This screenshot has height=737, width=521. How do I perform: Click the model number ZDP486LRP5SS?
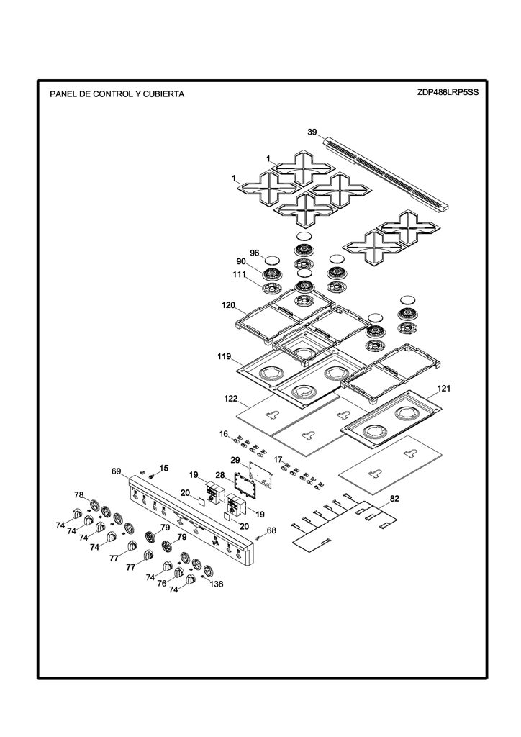(x=448, y=92)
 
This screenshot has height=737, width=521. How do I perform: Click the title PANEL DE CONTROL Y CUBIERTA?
(x=117, y=94)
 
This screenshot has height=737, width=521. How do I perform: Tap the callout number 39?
(x=312, y=132)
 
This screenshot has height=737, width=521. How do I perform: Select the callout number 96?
(x=255, y=253)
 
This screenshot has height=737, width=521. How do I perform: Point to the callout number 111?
(x=239, y=274)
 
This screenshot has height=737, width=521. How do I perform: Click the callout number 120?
(x=228, y=305)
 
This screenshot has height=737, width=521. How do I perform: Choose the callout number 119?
(x=224, y=356)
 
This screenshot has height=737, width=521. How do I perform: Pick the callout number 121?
(x=444, y=388)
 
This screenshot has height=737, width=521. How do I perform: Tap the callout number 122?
(x=231, y=399)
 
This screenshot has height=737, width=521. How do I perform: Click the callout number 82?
(x=394, y=499)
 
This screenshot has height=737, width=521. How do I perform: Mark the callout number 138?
(x=217, y=584)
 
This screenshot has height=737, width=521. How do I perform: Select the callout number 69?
(x=117, y=471)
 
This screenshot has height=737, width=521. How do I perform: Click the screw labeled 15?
(x=151, y=476)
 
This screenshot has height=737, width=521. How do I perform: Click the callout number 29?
(x=235, y=459)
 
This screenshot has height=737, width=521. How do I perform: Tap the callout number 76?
(x=162, y=583)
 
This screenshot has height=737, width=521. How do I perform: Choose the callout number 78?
(x=79, y=494)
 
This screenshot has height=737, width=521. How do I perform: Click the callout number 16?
(x=224, y=433)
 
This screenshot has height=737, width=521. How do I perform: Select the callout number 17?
(x=278, y=459)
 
